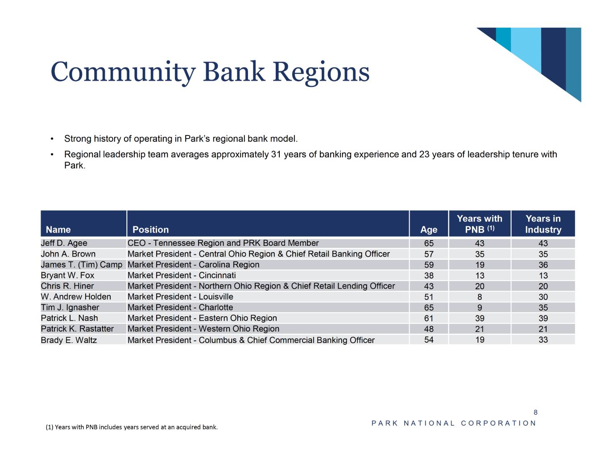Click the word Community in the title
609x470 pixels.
[x=123, y=72]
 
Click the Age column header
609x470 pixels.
[x=428, y=230]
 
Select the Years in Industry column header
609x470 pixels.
[x=543, y=224]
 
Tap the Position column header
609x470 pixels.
[x=150, y=230]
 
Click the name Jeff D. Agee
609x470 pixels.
[x=64, y=243]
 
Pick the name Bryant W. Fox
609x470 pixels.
[x=67, y=275]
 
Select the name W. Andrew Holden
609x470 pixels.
[x=76, y=297]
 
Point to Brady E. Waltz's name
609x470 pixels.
[x=69, y=340]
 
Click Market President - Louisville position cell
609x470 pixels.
[x=180, y=297]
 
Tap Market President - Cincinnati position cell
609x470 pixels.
[x=182, y=275]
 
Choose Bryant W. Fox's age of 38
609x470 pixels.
[x=429, y=276]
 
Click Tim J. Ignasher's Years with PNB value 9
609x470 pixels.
[x=480, y=308]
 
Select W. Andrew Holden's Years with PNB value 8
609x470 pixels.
[x=480, y=297]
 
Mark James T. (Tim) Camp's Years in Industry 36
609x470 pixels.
[x=543, y=265]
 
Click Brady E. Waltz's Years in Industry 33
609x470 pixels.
[x=543, y=339]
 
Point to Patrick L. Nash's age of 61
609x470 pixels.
[x=429, y=319]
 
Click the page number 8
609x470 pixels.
[x=535, y=412]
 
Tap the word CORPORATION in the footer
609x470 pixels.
[x=498, y=423]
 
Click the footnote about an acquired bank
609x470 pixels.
[x=132, y=427]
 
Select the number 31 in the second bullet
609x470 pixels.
[x=276, y=155]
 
